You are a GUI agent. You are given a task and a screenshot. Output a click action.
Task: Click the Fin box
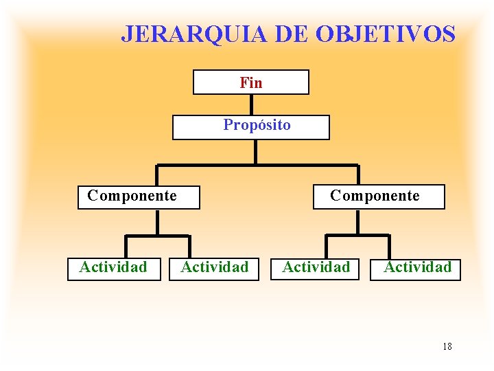point(251,82)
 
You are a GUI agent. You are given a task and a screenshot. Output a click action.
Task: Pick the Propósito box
point(251,127)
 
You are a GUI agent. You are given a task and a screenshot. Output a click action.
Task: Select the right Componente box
point(379,197)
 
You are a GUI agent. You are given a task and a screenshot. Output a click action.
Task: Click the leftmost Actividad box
point(113,268)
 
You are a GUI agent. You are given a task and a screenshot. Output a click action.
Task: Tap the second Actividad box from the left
point(214,268)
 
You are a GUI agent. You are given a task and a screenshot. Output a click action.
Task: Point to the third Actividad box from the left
point(316,268)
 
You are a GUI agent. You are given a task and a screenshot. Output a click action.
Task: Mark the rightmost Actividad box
point(416,269)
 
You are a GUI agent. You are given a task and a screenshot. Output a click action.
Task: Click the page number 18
point(447,346)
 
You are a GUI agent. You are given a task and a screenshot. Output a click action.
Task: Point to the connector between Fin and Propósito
point(251,104)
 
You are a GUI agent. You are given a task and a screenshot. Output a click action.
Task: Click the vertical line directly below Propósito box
point(255,152)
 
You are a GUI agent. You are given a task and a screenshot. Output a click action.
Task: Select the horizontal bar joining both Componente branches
point(257,166)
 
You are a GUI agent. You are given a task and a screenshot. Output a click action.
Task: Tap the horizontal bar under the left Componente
point(157,236)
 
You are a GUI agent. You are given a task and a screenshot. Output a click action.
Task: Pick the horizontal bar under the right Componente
point(357,236)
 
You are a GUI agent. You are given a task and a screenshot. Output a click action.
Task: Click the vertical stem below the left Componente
point(158,222)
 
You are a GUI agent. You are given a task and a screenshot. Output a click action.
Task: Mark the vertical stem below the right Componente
point(358,222)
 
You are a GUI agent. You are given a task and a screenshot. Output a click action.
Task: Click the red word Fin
point(251,83)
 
